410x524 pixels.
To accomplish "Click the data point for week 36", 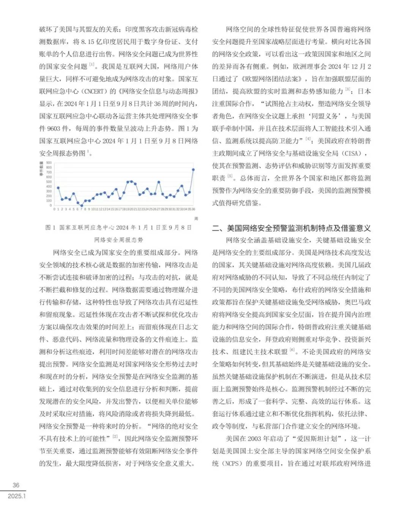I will (x=193, y=170).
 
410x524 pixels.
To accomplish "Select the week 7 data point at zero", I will (x=81, y=205).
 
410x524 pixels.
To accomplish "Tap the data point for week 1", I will (x=58, y=187).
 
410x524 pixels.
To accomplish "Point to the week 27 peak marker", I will (x=159, y=182).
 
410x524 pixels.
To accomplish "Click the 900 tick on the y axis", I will (x=49, y=163).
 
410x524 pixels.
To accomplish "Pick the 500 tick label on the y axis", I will (x=49, y=182).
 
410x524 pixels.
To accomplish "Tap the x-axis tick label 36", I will (x=193, y=209).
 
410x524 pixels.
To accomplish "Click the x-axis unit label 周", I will (x=196, y=219).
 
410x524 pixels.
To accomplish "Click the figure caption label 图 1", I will (x=50, y=228).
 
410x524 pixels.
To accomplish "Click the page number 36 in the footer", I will (x=16, y=485).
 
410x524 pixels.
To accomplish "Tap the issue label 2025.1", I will (x=17, y=496).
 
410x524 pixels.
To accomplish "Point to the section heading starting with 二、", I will (x=291, y=228).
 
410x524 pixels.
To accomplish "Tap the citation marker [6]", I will (x=292, y=350).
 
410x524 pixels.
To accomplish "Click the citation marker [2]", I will (x=115, y=437).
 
